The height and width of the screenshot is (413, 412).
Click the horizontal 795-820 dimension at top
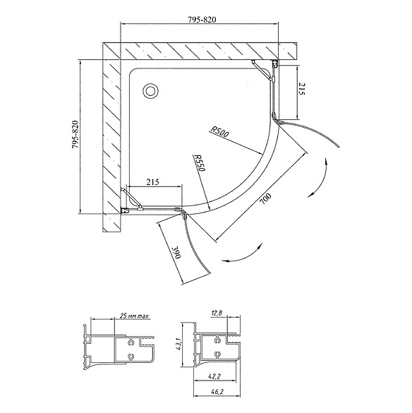click(x=202, y=20)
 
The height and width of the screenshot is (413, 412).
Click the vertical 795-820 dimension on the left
click(x=75, y=134)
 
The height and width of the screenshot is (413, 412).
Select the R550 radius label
click(x=199, y=163)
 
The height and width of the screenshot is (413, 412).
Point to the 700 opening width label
click(x=265, y=199)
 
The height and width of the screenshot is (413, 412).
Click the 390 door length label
click(x=176, y=253)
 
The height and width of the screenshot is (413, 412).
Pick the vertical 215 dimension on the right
click(x=302, y=89)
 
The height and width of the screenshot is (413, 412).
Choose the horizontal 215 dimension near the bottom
click(x=152, y=181)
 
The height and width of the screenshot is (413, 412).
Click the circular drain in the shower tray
click(x=150, y=91)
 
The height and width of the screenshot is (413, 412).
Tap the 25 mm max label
click(x=134, y=316)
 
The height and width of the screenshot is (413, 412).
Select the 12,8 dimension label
click(x=217, y=313)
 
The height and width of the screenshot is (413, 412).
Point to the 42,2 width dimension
click(x=214, y=377)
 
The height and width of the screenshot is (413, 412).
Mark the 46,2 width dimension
click(x=214, y=392)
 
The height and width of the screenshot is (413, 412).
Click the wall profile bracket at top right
click(x=275, y=64)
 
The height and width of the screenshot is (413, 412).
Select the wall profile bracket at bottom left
click(x=125, y=210)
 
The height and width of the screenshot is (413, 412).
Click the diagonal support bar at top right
click(x=262, y=71)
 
